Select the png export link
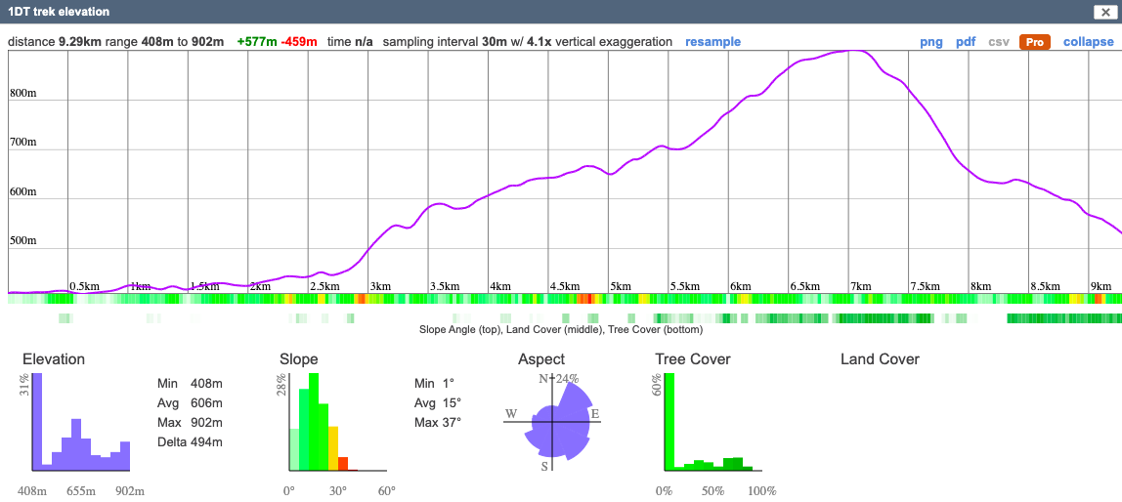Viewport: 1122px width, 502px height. [930, 42]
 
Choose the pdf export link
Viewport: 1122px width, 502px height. [966, 42]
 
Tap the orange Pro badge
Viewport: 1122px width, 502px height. [1034, 42]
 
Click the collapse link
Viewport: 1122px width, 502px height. [1088, 42]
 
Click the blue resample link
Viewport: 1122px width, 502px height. [712, 42]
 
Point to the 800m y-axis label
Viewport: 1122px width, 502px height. [23, 94]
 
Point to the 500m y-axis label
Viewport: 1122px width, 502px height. [23, 241]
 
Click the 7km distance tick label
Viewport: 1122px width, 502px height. [860, 286]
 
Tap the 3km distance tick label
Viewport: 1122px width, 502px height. [379, 286]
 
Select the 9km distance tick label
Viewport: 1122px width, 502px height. [1100, 286]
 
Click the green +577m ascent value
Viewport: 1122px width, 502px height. [256, 42]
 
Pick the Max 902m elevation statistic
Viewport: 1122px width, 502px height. [190, 423]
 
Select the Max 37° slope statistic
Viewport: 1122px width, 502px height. [437, 423]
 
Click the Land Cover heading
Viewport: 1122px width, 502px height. [880, 359]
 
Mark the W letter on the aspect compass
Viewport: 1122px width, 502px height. [510, 414]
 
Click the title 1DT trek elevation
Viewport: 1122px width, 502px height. [59, 12]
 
